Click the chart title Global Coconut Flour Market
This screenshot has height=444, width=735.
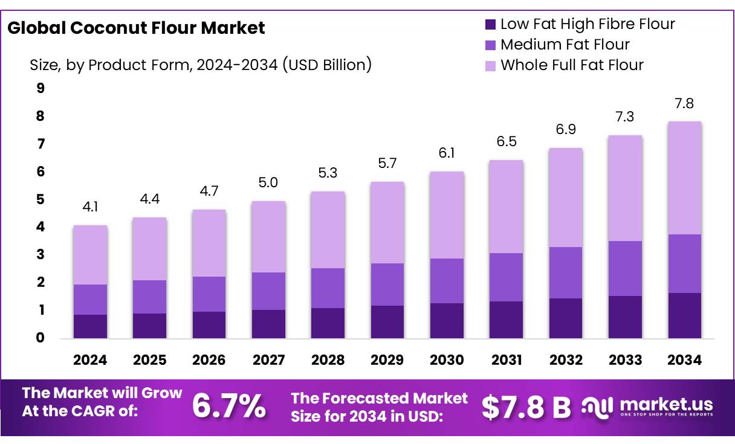(136, 28)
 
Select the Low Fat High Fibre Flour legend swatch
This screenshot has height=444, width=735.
(490, 25)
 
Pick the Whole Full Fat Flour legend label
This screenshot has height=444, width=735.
(572, 65)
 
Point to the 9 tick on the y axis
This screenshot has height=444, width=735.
(40, 88)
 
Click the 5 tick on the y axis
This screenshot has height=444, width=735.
(40, 199)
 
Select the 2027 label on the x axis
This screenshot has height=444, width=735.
(268, 360)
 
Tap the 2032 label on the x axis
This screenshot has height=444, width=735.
(566, 360)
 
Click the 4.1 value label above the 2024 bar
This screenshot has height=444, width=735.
(90, 208)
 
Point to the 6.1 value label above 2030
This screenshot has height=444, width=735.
(447, 153)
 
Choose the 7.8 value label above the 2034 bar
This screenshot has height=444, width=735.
(684, 103)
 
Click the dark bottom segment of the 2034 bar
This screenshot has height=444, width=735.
(684, 315)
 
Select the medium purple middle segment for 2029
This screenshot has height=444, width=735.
(387, 285)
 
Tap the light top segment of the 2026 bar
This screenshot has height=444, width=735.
(209, 243)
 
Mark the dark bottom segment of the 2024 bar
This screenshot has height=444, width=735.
(90, 326)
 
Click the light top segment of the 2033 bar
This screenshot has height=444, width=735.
(625, 188)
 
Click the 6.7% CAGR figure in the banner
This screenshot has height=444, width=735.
(228, 406)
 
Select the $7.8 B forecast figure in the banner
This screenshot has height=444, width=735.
(526, 407)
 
